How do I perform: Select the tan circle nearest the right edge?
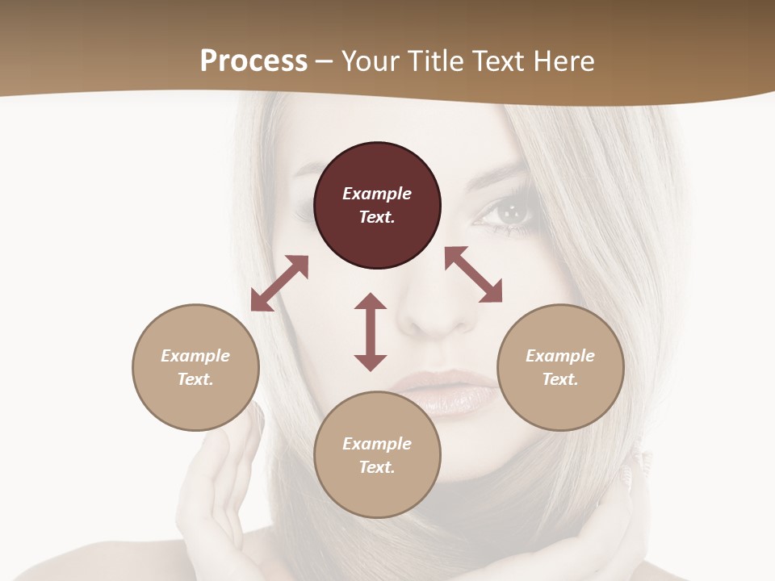pos(560,367)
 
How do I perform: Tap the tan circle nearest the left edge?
pos(195,367)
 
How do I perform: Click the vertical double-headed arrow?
pos(371,332)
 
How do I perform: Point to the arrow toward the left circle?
pos(279,283)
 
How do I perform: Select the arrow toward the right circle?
pos(474,274)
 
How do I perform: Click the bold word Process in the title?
pos(253,61)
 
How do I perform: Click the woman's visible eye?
pos(509,213)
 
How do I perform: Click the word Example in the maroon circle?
pos(377,194)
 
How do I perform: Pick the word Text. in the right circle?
pos(560,379)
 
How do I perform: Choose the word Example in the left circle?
pos(195,356)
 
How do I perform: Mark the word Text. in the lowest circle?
pos(377,467)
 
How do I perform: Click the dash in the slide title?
pos(325,61)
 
